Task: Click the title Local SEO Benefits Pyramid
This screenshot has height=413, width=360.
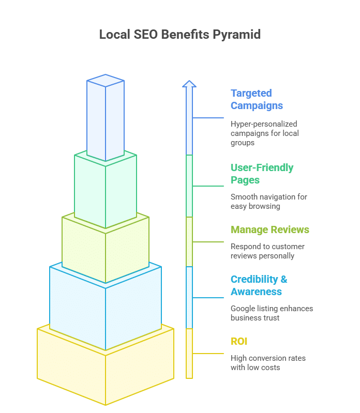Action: pos(179,35)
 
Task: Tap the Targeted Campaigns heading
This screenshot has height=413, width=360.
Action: pos(257,99)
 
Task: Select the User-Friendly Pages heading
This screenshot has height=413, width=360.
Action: pos(262,174)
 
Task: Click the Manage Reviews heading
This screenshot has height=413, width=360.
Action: pos(270,230)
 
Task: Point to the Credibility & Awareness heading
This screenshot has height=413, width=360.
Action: pos(259,285)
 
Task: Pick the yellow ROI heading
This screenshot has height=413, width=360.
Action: pos(239,341)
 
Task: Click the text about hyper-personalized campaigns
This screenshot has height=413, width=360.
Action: pos(265,133)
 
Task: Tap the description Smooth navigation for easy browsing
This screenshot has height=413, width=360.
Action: pos(269,202)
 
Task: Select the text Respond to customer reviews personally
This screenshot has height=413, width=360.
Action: pos(267,251)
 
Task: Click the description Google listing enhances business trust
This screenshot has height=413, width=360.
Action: pos(272,313)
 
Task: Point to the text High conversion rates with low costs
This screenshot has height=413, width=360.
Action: pos(268,363)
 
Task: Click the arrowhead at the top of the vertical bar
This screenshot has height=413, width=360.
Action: pos(189,84)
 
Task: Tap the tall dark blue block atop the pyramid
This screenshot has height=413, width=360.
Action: pos(106,117)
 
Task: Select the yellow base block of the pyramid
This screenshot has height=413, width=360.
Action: pos(106,369)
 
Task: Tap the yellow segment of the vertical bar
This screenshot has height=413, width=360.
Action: pos(189,354)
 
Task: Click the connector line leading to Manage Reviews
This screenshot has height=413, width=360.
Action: pos(208,242)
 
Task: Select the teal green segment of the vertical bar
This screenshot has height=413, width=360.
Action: pos(189,186)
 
